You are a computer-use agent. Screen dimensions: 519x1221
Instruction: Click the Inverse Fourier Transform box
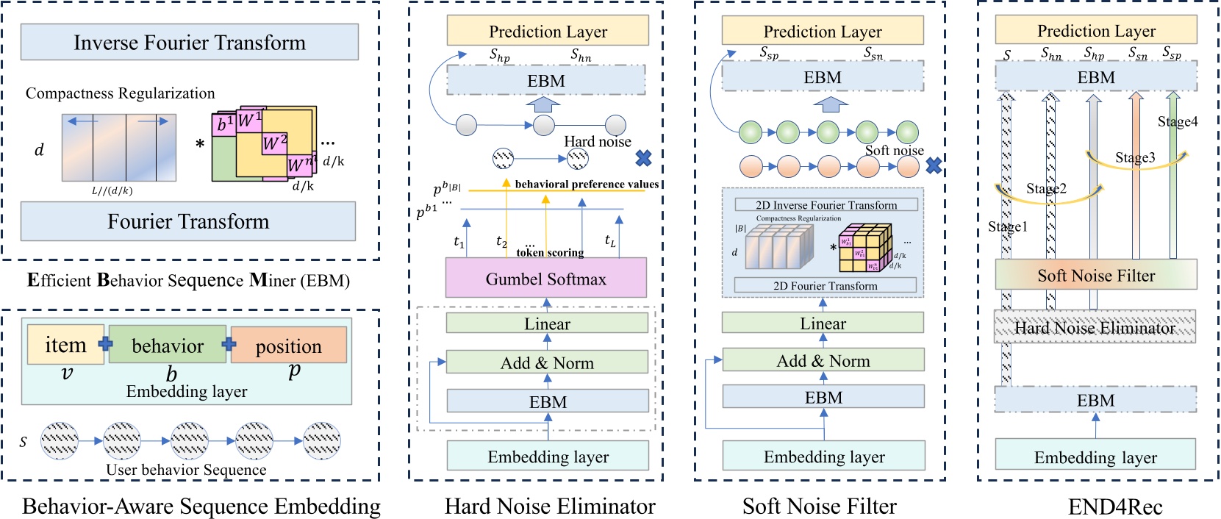[x=189, y=43]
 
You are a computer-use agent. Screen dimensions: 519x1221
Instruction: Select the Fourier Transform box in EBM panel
[x=188, y=222]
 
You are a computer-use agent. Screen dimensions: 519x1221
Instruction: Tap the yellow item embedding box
[x=65, y=345]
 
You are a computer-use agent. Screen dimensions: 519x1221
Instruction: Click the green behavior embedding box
[x=168, y=346]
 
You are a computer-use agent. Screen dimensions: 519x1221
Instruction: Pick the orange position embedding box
[x=288, y=346]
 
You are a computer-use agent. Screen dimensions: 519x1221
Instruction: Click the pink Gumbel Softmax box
[x=546, y=279]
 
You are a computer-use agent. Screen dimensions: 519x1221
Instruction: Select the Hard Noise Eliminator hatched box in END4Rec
[x=1095, y=328]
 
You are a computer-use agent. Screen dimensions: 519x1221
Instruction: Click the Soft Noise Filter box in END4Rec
[x=1095, y=276]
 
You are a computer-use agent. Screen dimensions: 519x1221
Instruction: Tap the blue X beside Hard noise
[x=643, y=158]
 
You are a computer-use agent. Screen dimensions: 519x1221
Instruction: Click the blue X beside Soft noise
[x=934, y=165]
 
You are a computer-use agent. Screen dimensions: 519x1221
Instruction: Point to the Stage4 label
[x=1177, y=122]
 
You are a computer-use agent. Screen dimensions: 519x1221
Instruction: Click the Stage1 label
[x=1007, y=227]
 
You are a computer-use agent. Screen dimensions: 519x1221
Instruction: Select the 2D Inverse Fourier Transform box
[x=826, y=205]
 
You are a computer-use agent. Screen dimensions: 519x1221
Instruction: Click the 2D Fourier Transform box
[x=825, y=285]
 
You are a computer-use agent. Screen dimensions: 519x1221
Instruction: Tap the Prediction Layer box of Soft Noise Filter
[x=822, y=32]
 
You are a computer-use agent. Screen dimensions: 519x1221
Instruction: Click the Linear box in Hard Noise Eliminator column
[x=547, y=323]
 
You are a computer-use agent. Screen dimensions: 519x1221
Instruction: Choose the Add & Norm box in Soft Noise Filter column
[x=823, y=361]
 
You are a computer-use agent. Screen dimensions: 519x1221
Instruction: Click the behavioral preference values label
[x=587, y=185]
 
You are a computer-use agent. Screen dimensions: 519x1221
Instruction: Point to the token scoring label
[x=550, y=252]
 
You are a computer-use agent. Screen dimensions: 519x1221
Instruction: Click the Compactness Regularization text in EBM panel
[x=121, y=93]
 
